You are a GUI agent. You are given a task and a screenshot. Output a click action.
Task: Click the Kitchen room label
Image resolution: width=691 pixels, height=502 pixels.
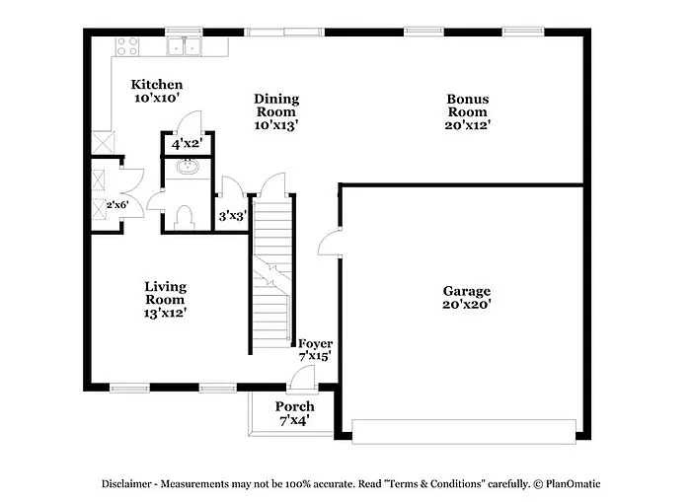pyautogui.click(x=157, y=85)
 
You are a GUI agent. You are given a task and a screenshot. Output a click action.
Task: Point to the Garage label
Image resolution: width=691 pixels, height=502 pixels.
pyautogui.click(x=467, y=292)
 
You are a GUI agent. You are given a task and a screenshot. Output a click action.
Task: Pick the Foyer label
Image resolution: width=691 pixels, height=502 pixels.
pyautogui.click(x=315, y=343)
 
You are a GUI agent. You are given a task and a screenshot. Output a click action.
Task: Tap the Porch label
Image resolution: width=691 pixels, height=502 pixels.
pyautogui.click(x=294, y=406)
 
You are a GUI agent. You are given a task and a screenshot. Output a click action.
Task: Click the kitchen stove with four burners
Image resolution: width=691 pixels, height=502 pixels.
pyautogui.click(x=127, y=45)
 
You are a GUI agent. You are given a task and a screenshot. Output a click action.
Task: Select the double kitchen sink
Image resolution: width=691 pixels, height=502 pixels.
pyautogui.click(x=185, y=45)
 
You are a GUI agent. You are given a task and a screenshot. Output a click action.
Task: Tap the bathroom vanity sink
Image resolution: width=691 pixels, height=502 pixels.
pyautogui.click(x=187, y=168)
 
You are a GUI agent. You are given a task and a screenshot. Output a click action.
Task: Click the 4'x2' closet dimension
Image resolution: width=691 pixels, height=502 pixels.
pyautogui.click(x=186, y=144)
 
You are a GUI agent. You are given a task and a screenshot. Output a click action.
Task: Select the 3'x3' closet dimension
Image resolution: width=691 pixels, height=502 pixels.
pyautogui.click(x=232, y=215)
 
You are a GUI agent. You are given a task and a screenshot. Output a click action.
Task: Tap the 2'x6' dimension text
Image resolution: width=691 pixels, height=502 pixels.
pyautogui.click(x=118, y=205)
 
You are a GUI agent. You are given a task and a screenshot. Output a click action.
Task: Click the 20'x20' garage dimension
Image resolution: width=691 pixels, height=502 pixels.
pyautogui.click(x=467, y=306)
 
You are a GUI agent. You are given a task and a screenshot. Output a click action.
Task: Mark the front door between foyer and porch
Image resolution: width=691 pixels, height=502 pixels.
pyautogui.click(x=306, y=378)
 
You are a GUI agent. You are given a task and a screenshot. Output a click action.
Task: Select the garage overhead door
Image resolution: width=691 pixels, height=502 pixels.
pyautogui.click(x=463, y=431)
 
